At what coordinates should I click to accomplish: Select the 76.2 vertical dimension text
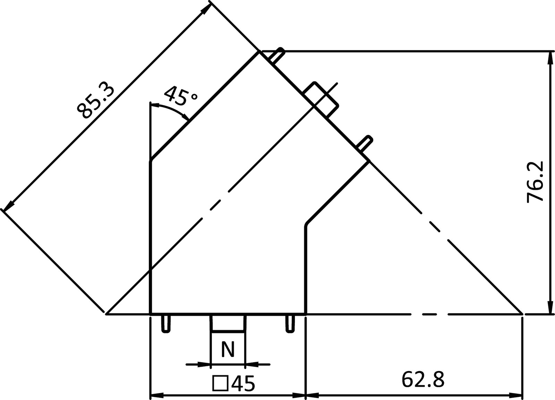tap(535, 182)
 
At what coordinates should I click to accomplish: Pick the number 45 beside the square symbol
tap(243, 384)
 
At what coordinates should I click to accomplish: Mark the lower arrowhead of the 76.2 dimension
tap(550, 307)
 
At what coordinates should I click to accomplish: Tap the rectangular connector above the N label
tap(228, 323)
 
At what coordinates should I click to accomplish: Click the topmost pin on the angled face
tap(277, 56)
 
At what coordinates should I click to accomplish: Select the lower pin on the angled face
tap(365, 143)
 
